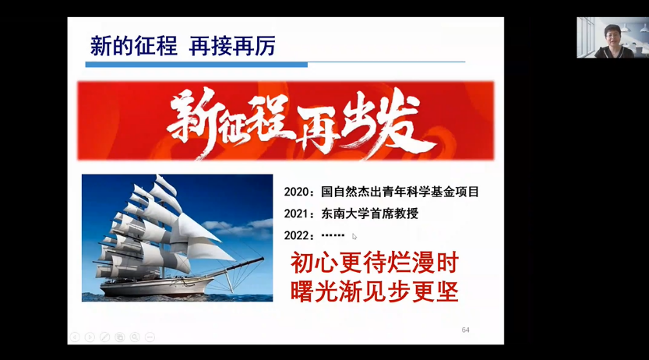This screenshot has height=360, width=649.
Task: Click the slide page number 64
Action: click(466, 330)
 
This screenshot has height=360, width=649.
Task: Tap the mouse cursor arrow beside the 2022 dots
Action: click(354, 237)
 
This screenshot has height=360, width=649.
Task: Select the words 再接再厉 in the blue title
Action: click(232, 46)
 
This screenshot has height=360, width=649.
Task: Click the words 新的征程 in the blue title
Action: click(134, 46)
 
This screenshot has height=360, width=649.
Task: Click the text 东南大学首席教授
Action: click(369, 214)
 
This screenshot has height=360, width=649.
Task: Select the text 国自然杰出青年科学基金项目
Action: click(400, 192)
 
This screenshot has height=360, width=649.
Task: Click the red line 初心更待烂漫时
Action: click(375, 263)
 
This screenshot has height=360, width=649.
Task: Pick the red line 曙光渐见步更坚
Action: click(375, 291)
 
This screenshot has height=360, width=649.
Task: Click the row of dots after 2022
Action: click(333, 235)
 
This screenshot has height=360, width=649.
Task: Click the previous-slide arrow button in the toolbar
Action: click(75, 337)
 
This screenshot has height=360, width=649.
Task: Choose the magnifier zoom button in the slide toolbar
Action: click(135, 337)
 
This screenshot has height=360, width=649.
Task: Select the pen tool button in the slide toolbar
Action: click(104, 337)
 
